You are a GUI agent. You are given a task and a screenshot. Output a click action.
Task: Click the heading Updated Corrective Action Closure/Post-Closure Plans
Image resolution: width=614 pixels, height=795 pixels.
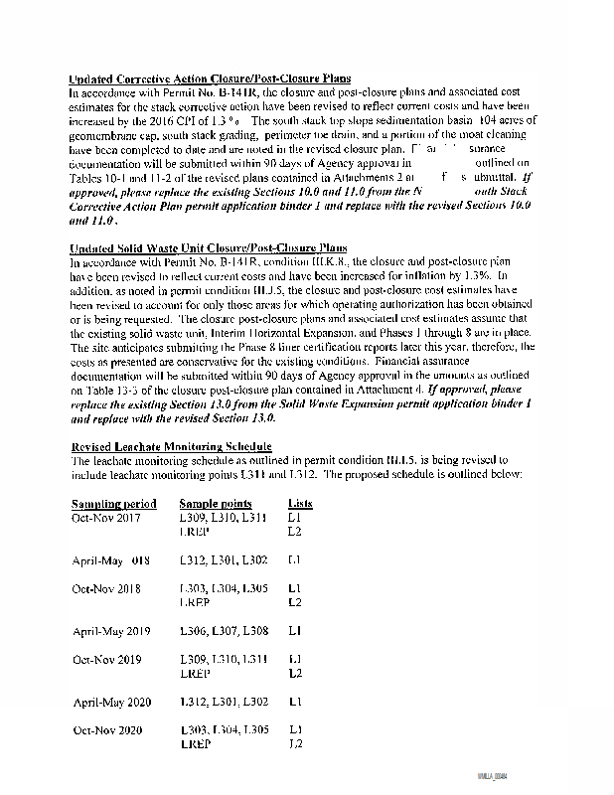[x=210, y=79]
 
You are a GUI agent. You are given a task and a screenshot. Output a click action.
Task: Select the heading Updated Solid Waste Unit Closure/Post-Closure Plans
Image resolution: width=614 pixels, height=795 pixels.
[x=208, y=248]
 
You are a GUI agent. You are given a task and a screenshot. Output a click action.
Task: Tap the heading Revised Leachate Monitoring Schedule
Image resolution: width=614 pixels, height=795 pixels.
[x=171, y=447]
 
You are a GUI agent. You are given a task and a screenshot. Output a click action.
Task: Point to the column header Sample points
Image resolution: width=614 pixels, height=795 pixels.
[x=216, y=504]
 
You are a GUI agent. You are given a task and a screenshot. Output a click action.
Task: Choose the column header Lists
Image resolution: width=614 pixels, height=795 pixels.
[x=299, y=504]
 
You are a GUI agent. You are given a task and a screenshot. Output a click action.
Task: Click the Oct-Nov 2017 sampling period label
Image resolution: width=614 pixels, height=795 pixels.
[x=107, y=518]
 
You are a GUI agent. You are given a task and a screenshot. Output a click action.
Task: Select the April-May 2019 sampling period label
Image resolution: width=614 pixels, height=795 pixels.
[x=111, y=631]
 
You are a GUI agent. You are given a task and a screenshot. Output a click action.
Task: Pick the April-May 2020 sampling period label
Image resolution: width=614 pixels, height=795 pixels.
[x=111, y=703]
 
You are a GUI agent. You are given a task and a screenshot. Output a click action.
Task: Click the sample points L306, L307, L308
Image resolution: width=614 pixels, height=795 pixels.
[x=224, y=631]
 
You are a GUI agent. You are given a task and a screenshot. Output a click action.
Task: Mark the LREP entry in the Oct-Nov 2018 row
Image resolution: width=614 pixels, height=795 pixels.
[x=195, y=602]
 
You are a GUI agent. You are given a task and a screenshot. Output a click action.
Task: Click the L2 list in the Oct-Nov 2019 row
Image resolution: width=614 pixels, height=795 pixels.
[x=294, y=674]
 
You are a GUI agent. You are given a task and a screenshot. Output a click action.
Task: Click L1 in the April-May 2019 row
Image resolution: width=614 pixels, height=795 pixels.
[x=294, y=631]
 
